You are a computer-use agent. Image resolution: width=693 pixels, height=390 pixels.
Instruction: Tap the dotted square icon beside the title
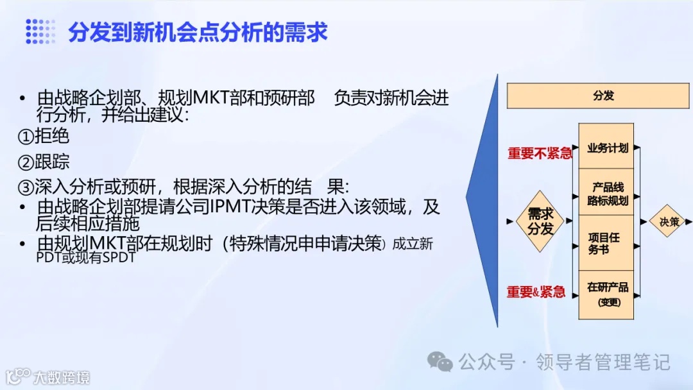[x=40, y=31]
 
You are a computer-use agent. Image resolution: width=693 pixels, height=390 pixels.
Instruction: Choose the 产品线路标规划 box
[x=607, y=194]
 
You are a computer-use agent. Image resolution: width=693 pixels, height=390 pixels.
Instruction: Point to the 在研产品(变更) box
[x=607, y=294]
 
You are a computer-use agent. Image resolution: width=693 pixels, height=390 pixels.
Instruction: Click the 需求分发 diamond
[x=540, y=221]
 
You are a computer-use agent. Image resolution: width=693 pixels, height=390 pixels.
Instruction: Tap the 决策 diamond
[x=669, y=221]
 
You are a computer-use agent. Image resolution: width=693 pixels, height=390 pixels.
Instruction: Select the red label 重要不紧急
[x=540, y=153]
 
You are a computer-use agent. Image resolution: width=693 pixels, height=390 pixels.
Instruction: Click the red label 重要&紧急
[x=536, y=292]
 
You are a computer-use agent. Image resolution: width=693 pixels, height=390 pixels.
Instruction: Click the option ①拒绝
[x=43, y=137]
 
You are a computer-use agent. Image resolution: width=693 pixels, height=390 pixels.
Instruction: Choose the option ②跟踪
[x=43, y=162]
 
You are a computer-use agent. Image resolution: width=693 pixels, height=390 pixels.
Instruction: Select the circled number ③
[x=26, y=188]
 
